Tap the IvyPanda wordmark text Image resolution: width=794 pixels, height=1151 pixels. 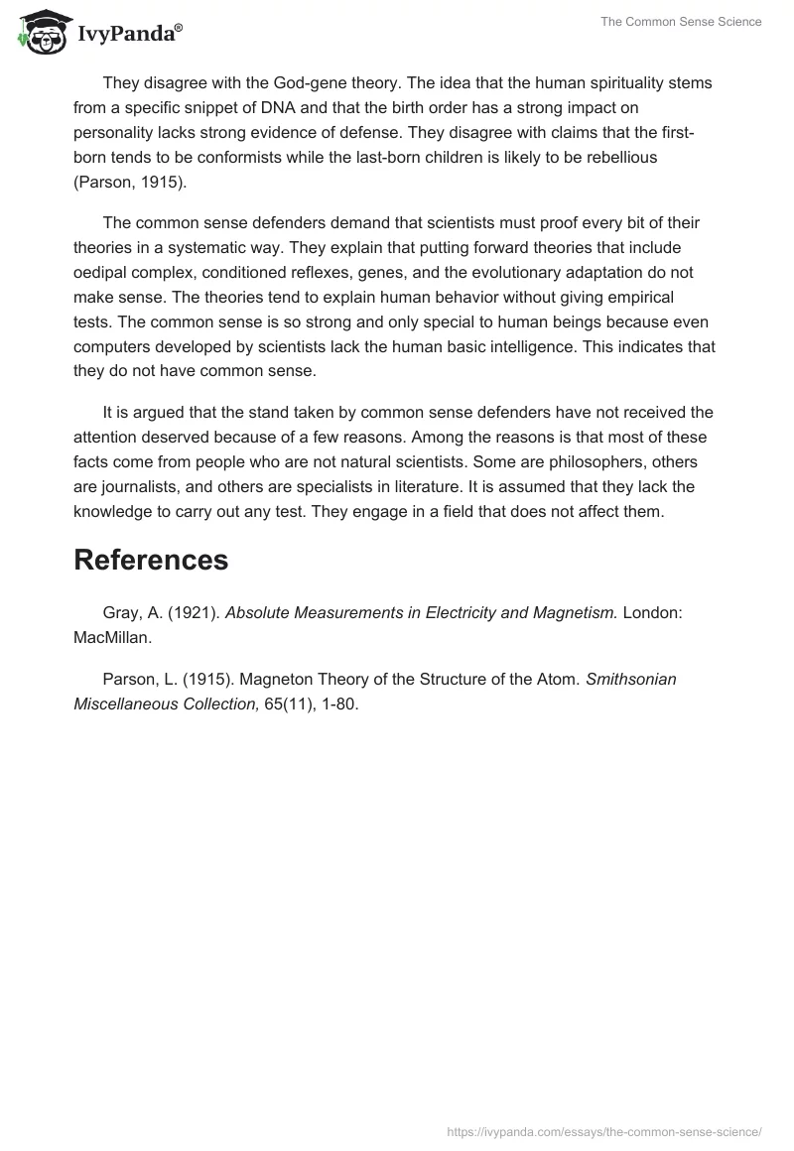pos(129,36)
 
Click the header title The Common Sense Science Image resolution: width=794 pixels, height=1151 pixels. pos(681,22)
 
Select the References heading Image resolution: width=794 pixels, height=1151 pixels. pos(151,560)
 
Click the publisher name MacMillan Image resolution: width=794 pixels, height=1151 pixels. pos(112,638)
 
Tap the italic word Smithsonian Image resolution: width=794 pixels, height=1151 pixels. pos(631,680)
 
